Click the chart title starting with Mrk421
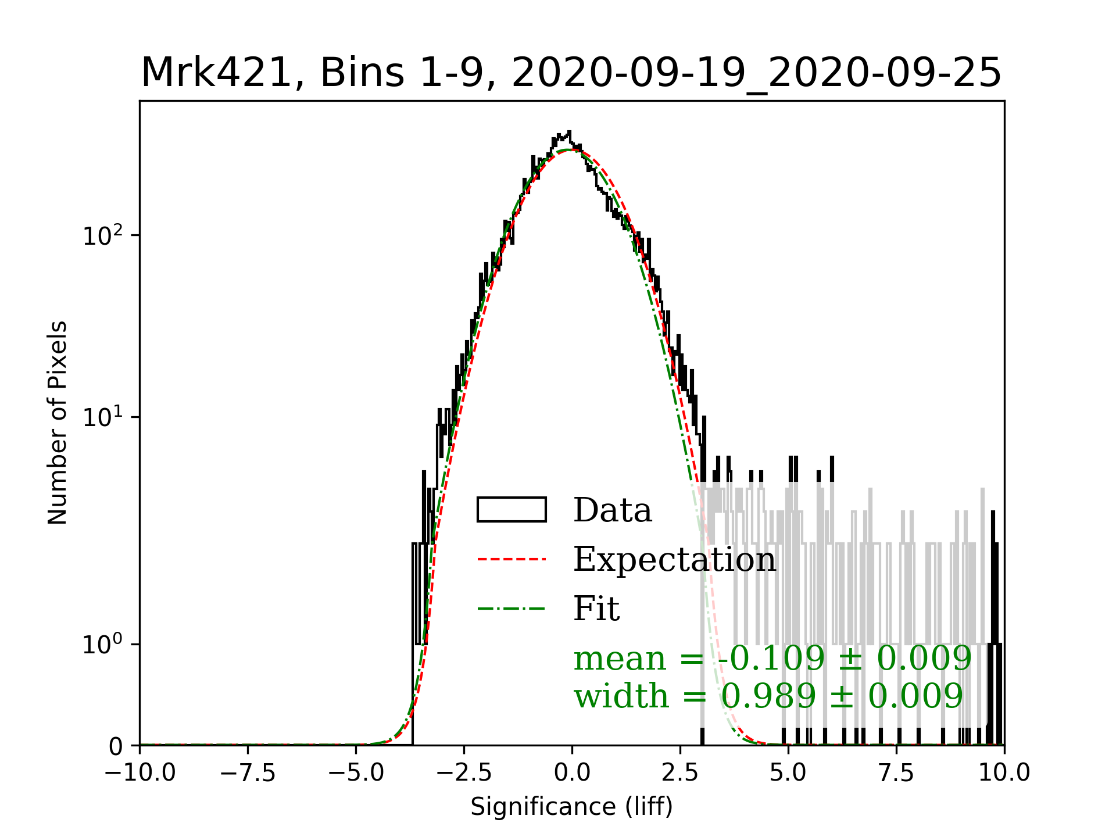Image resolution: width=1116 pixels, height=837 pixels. point(571,73)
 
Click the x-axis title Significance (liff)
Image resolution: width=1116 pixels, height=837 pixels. point(571,807)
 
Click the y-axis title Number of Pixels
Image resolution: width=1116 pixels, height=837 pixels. point(58,423)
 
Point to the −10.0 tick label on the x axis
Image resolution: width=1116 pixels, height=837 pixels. point(139,772)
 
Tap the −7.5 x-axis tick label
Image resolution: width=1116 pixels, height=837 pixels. point(248,772)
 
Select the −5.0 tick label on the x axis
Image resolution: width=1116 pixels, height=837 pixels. point(356,772)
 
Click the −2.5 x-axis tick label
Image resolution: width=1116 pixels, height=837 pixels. point(464,772)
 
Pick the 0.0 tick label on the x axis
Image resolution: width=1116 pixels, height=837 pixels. point(572,772)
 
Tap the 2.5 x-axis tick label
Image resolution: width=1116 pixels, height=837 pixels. point(680,772)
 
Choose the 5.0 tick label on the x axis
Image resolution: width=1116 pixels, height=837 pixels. point(788,772)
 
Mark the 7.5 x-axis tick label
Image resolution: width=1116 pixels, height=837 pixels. point(896,772)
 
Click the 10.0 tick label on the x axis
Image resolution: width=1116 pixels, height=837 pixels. point(1004,772)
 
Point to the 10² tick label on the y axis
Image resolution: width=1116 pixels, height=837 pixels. point(103,235)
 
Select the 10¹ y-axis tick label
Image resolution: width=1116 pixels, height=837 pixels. point(103,417)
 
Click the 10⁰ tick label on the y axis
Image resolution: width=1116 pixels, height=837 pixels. point(103,644)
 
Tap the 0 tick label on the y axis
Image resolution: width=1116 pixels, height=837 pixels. point(116,746)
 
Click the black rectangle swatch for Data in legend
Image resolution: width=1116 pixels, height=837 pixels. point(512,510)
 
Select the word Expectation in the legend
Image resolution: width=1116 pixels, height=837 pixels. point(674,560)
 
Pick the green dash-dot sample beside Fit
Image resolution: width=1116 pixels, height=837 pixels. point(512,609)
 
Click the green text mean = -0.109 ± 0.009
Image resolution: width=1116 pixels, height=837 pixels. point(772,659)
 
